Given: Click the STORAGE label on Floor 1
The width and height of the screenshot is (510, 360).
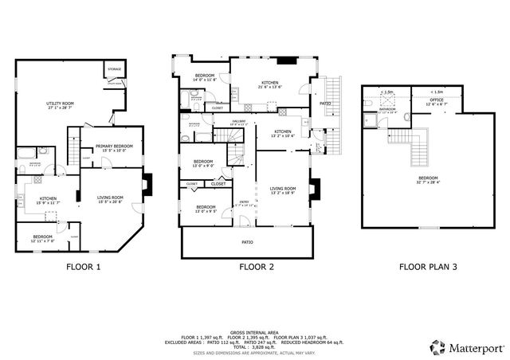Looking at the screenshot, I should point(115,69).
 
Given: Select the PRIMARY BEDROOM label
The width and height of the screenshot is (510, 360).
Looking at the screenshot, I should point(115,147).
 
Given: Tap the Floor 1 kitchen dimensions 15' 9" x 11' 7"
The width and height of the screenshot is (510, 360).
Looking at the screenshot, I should point(48,202).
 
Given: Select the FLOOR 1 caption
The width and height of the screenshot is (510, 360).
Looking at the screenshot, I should point(83,268).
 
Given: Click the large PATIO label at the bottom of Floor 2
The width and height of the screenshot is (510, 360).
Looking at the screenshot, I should point(247,241).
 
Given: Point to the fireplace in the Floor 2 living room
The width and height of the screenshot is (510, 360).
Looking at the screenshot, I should point(314,188).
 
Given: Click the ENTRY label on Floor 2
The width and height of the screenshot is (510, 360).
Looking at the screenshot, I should point(244,202).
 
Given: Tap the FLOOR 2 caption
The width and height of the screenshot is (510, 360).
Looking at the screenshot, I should point(257,268).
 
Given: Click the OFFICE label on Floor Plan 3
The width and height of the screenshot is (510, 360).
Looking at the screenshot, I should point(435,101).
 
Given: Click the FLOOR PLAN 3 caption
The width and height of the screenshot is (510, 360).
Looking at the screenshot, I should point(428,268).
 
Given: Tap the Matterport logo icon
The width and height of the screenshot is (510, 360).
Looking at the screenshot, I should point(437,347).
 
